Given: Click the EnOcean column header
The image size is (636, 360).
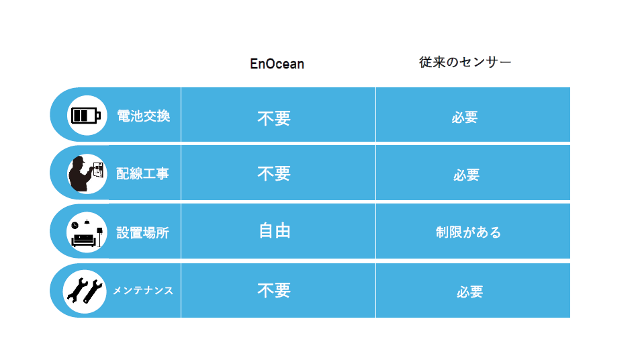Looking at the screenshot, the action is [277, 64].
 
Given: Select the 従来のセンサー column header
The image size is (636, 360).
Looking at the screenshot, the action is [465, 62].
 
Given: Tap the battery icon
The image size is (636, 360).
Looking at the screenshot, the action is [85, 116].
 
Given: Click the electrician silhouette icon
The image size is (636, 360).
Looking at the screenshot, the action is [86, 174].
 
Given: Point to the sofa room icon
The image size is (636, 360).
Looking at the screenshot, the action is [87, 232].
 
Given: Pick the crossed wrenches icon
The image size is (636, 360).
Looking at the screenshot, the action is [85, 291].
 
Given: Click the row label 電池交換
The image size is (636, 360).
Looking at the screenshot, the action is [144, 116].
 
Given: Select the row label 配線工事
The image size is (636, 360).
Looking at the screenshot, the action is [142, 174].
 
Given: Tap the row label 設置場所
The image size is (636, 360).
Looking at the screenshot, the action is [142, 232].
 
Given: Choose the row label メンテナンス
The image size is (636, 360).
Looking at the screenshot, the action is [143, 291].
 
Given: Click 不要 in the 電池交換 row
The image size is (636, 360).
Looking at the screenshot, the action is [274, 118].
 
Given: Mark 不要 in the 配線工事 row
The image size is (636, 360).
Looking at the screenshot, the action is [274, 174].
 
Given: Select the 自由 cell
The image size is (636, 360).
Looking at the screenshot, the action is [275, 231].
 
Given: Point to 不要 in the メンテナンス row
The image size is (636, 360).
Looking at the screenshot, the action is [274, 291].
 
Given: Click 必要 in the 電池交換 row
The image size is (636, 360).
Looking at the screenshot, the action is [465, 118].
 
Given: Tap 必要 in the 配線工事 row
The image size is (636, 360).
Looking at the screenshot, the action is [467, 175].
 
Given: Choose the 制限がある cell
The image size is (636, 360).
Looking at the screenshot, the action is [469, 232].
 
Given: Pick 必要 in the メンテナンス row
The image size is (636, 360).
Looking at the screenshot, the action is [469, 291].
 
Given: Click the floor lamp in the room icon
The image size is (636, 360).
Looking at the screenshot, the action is [99, 237].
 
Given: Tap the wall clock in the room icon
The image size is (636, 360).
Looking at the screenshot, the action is [75, 225].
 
